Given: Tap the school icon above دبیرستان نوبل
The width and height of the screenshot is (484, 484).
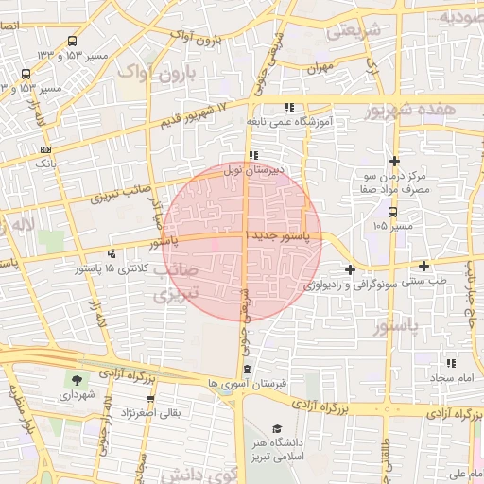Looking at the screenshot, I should click(x=252, y=156).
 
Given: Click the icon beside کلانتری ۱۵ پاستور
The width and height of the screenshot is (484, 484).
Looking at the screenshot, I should click(x=113, y=253).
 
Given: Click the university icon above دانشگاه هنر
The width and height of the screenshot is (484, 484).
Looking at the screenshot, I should click(x=277, y=427).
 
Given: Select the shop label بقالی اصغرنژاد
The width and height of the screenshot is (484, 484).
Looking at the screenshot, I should click(x=148, y=413).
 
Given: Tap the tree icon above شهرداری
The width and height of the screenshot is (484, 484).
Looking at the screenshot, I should click(x=75, y=381).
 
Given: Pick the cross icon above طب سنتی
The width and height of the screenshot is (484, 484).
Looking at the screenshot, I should click(x=424, y=266).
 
